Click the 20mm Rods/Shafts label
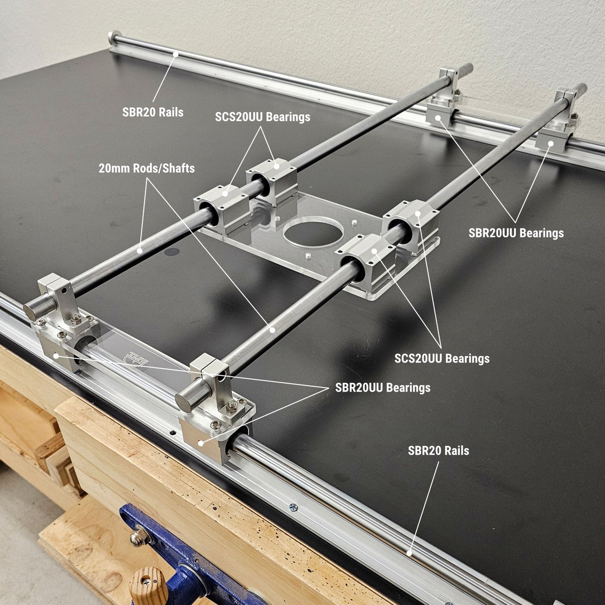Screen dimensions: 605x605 coord(147,168)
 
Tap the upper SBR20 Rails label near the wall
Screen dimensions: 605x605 coord(153,112)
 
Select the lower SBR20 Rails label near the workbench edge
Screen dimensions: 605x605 coord(438,451)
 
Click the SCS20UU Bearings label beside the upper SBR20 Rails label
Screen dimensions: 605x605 coord(263,117)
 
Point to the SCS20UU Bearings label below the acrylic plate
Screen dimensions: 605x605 coord(442,359)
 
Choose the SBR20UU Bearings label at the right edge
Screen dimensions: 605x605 coord(516,233)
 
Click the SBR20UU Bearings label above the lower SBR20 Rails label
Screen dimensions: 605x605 coord(383,388)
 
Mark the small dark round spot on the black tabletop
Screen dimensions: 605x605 coord(172,252)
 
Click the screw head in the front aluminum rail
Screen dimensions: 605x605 coord(294,507)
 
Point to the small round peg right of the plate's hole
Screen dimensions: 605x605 coord(354,222)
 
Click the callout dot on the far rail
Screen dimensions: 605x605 coord(175,54)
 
